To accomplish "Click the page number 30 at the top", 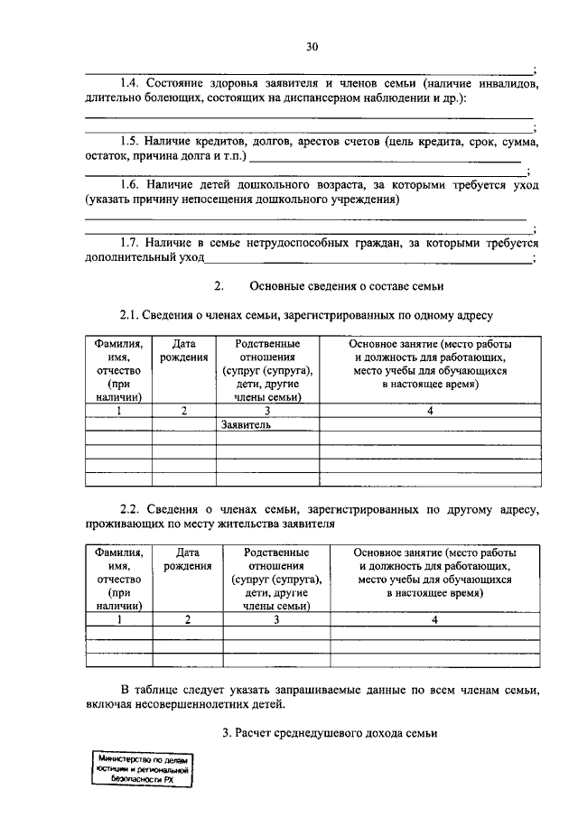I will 312,46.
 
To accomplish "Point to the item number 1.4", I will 132,84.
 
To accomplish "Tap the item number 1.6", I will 132,185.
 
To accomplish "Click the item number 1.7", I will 132,243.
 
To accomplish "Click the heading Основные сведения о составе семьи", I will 347,286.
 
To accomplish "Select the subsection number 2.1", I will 132,315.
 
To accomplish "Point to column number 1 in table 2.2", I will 118,619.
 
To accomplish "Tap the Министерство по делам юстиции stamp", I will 142,770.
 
